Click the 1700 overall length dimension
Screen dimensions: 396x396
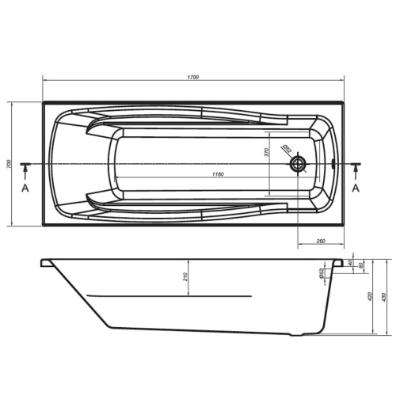[193, 77]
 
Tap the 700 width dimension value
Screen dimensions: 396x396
[9, 164]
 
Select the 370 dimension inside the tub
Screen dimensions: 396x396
[267, 152]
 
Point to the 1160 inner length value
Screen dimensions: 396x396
[218, 174]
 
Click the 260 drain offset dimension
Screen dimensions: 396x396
[321, 241]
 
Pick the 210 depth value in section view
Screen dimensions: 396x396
[185, 276]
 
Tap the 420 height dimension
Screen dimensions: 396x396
[370, 296]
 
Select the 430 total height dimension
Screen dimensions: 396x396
[384, 297]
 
